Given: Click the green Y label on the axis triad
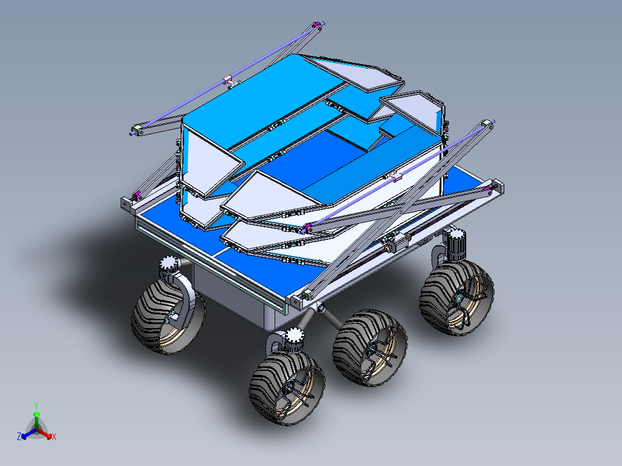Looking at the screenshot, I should [36, 405].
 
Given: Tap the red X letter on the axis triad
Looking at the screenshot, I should [54, 437].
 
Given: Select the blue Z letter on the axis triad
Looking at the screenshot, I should [19, 437].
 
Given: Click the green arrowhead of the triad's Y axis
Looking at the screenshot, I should [36, 415].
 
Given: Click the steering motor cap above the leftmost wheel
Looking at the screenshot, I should [170, 265].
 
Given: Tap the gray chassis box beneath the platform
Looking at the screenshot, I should [231, 300].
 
